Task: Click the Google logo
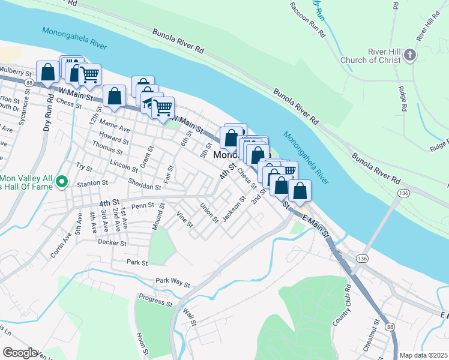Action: (20, 353)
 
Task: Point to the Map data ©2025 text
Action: (423, 355)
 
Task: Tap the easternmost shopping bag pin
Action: (300, 191)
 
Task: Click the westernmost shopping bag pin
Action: (47, 72)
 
